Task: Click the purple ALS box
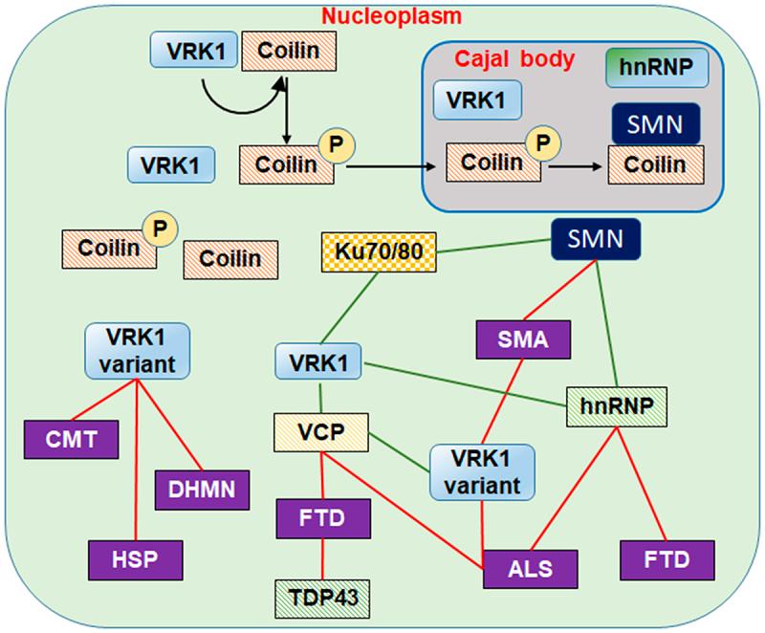(531, 564)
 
